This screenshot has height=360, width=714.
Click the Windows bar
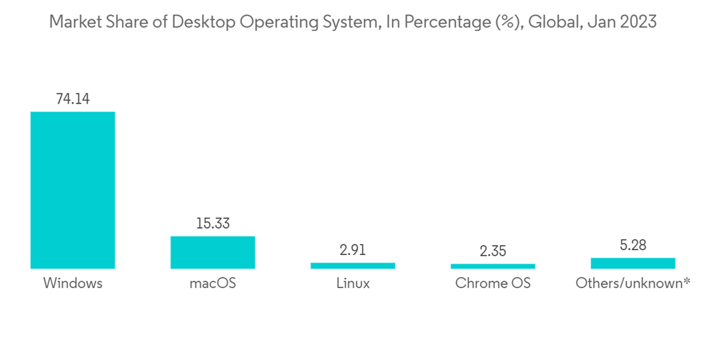coord(72,190)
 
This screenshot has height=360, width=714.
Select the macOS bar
coord(212,252)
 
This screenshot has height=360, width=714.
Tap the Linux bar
coord(353,266)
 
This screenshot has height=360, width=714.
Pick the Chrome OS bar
coord(493,266)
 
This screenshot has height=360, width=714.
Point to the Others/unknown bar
coord(633,263)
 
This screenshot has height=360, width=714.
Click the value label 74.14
coord(72,99)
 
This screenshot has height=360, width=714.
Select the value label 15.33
coord(212,224)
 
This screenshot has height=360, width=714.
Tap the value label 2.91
coord(353,251)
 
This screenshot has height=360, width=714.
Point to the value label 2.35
coord(493,252)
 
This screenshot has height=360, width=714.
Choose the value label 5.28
coord(633,246)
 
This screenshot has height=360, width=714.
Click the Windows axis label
coord(72,283)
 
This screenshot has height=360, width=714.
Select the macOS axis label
coord(212,283)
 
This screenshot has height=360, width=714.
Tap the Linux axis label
coord(353,283)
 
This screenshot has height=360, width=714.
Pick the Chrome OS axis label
coord(493,283)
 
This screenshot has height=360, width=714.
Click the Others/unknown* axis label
coord(633,283)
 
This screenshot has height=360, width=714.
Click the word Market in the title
coord(75,22)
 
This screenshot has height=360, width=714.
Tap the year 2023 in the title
coord(637,22)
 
